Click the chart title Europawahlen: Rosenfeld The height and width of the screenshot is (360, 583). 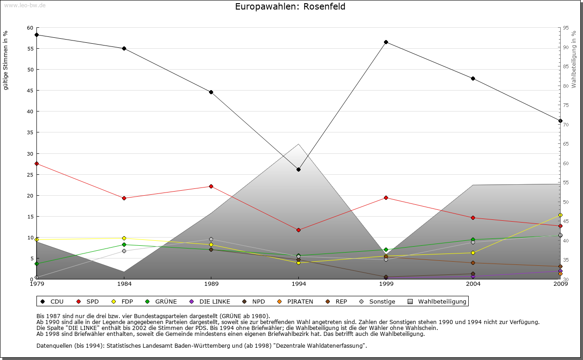coord(290,6)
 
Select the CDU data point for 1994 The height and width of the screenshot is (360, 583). coord(298,169)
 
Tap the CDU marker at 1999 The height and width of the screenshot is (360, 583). coord(386,42)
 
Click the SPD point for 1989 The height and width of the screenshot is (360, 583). coord(211,186)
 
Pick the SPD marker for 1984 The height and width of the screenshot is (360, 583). coord(124,198)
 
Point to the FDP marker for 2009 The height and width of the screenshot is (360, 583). coord(560,215)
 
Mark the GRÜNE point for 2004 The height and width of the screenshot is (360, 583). coord(473,239)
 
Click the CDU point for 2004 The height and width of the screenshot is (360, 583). coord(473,78)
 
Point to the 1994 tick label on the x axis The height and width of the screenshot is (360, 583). coord(298,284)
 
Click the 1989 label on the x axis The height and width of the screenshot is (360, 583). coord(211,284)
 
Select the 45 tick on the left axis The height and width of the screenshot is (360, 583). coord(30,91)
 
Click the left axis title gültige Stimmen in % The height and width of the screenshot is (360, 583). coord(6,60)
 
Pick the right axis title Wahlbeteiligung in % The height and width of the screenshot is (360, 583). coord(574,59)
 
